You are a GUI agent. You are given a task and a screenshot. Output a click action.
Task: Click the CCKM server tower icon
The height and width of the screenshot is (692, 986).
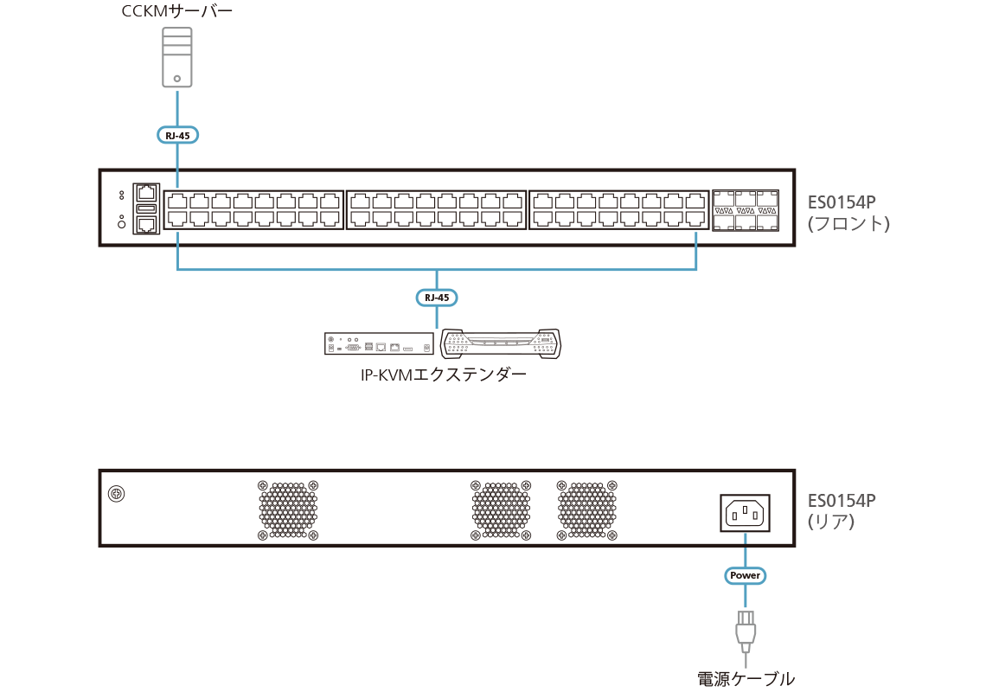[177, 57]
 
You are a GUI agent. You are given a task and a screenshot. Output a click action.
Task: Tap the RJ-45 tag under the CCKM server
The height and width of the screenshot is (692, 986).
[177, 135]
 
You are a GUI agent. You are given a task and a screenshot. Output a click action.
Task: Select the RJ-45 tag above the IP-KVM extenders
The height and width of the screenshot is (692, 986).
[437, 298]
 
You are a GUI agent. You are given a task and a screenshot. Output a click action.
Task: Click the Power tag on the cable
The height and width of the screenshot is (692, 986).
[745, 575]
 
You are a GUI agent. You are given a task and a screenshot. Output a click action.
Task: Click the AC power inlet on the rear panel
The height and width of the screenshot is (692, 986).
[745, 514]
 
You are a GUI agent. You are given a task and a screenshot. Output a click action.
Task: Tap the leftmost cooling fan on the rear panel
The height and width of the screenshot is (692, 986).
[288, 509]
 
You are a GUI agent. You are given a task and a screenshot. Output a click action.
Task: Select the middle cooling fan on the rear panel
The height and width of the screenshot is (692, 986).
[500, 509]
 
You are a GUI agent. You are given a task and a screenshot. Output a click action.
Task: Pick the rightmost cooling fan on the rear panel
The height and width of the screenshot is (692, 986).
[586, 509]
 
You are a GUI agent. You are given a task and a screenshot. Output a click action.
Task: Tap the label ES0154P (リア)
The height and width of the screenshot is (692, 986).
[842, 510]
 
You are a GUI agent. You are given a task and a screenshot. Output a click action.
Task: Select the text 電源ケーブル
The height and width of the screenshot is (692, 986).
[745, 679]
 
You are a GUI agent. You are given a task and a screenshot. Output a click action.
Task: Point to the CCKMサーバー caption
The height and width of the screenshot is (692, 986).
[177, 12]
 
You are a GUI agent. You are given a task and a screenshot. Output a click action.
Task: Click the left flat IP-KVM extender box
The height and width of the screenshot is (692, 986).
[379, 344]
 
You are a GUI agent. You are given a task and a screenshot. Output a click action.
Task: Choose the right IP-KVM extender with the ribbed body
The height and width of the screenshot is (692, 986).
[500, 344]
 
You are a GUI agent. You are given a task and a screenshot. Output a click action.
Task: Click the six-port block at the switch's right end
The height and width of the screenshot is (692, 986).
[745, 209]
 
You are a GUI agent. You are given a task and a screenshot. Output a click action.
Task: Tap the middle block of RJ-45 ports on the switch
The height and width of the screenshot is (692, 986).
[436, 209]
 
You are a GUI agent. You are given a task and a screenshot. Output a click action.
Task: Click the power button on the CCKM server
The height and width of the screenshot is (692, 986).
[177, 78]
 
